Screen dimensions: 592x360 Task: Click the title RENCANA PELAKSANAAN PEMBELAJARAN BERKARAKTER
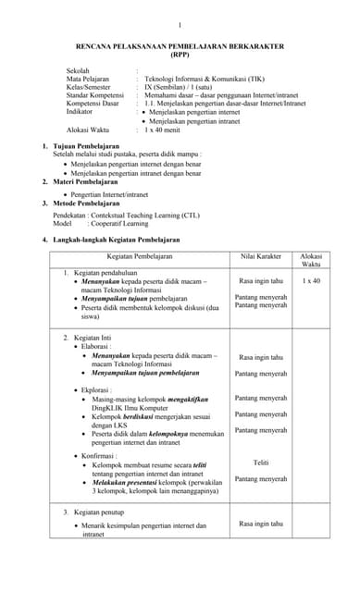[x=180, y=45]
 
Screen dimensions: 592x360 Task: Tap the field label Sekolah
[x=80, y=70]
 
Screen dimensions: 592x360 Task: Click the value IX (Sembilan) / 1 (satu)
[x=185, y=87]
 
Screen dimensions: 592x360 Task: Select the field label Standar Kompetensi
[x=95, y=95]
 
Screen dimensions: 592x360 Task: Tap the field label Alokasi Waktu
[x=88, y=129]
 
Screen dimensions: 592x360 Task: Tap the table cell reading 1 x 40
[x=311, y=280]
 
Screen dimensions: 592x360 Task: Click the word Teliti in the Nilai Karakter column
[x=261, y=462]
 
